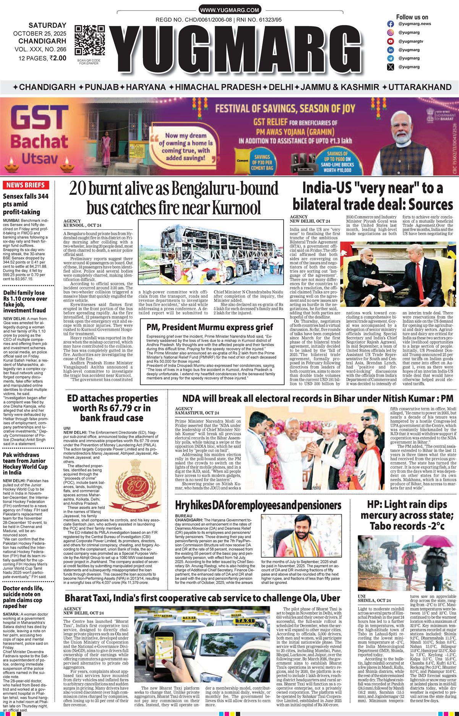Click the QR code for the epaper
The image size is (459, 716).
(89, 40)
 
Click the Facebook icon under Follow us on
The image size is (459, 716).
(391, 24)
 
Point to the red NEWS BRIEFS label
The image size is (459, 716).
(26, 185)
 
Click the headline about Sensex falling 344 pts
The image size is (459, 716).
(23, 204)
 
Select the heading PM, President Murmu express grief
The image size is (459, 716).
(210, 327)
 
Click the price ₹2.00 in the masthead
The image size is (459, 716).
(58, 58)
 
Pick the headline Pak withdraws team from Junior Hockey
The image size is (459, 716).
(25, 463)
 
